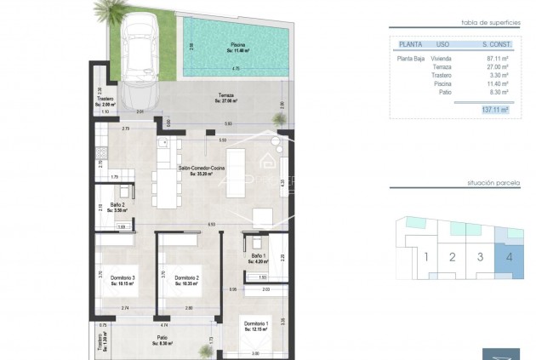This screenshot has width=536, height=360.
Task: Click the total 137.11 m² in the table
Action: pyautogui.click(x=494, y=110)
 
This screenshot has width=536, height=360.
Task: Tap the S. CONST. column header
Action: pyautogui.click(x=495, y=42)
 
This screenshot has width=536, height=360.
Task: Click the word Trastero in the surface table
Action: pyautogui.click(x=442, y=75)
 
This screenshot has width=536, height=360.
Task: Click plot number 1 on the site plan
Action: pyautogui.click(x=425, y=256)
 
